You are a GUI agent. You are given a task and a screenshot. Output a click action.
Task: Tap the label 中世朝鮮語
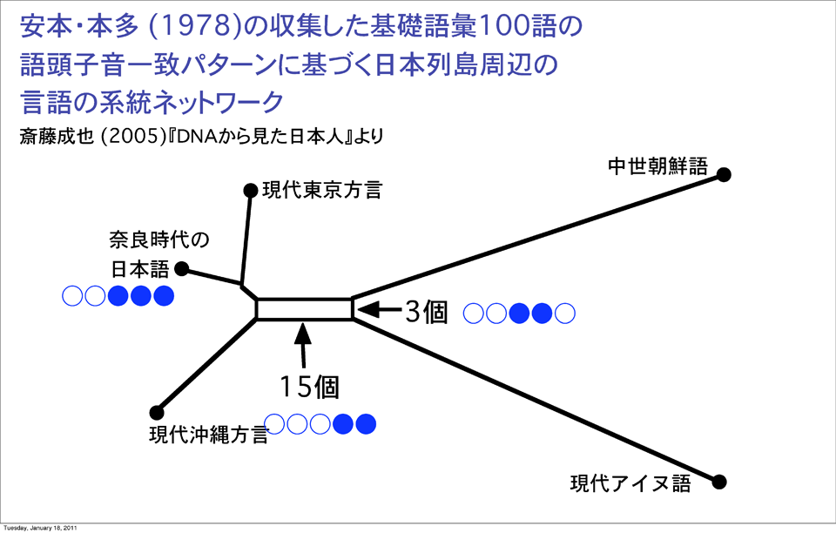pos(657,166)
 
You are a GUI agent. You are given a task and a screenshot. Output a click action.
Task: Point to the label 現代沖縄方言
pos(207,434)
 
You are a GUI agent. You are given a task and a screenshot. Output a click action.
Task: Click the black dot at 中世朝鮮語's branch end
pos(723,175)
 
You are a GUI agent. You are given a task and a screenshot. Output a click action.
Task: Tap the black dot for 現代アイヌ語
pos(719,482)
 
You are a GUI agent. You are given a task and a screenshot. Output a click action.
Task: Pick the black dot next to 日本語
pos(183,268)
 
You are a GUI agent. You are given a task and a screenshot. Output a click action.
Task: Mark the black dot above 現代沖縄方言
pos(157,412)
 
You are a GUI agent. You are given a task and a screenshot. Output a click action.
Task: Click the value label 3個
pos(426,312)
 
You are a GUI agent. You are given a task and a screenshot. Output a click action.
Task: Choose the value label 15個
pos(309,386)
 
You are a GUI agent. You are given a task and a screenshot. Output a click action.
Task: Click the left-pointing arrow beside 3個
pos(378,309)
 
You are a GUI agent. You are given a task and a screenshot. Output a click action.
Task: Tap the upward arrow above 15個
pos(303,345)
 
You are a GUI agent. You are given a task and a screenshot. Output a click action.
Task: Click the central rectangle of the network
pos(304,309)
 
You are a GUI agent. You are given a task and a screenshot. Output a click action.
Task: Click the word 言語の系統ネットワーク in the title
pos(152,102)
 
